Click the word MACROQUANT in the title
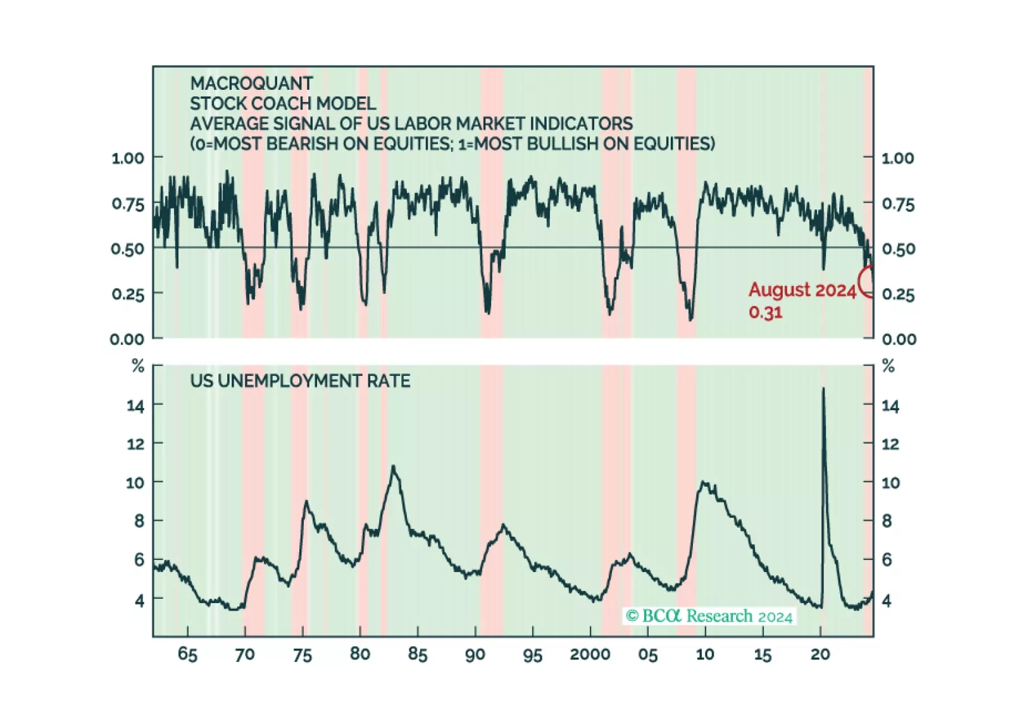tap(251, 84)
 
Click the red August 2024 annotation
tap(802, 290)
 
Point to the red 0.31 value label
tap(765, 313)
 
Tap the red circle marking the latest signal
tap(867, 282)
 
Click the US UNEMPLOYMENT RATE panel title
tap(300, 381)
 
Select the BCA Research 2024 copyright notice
tap(709, 616)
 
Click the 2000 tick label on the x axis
tap(590, 654)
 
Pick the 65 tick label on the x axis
tap(187, 654)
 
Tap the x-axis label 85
tap(418, 654)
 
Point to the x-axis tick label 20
tap(820, 654)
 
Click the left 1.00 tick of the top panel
tap(128, 158)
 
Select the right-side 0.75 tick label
tap(898, 204)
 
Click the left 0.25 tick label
tap(128, 294)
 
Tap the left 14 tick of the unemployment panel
tap(135, 406)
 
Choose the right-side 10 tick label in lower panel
tap(890, 483)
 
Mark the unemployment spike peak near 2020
tap(823, 389)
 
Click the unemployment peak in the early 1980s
tap(394, 467)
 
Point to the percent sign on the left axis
tap(138, 366)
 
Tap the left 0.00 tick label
tap(127, 339)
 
